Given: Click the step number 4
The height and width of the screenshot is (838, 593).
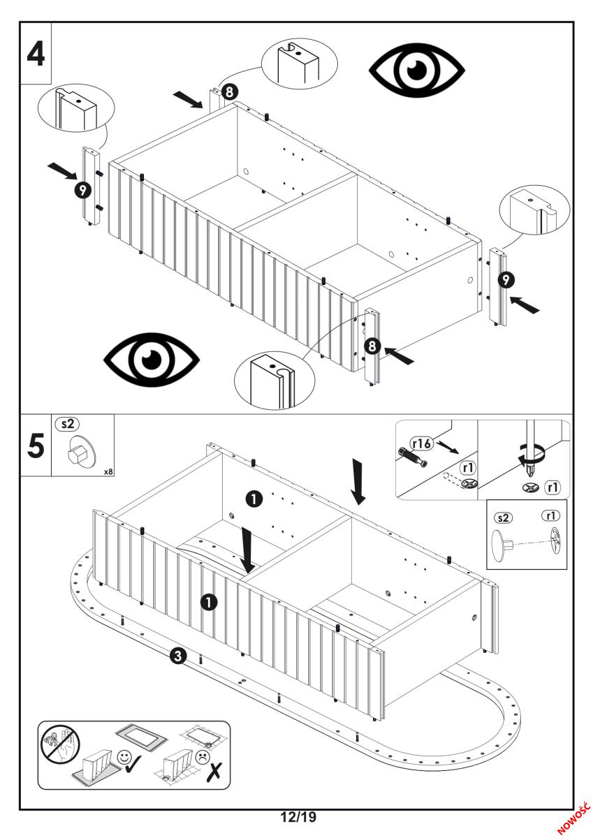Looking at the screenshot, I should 36,53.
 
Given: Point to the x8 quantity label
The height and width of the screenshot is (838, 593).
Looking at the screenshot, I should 108,471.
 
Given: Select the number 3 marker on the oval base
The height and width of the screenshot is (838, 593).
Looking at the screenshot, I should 178,656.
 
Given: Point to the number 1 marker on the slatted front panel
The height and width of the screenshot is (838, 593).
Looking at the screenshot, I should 207,601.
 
